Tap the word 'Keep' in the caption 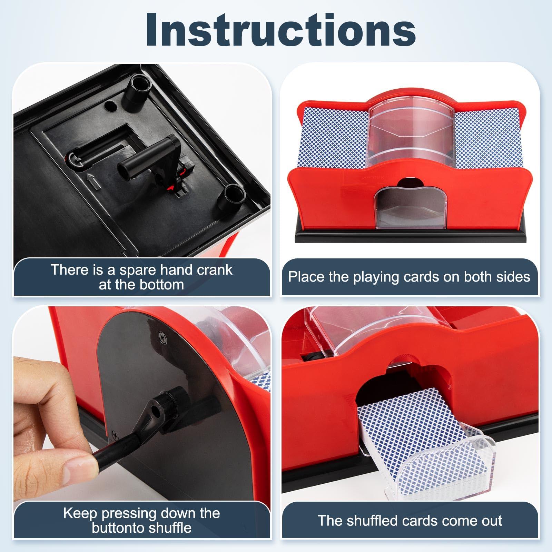pos(80,513)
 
